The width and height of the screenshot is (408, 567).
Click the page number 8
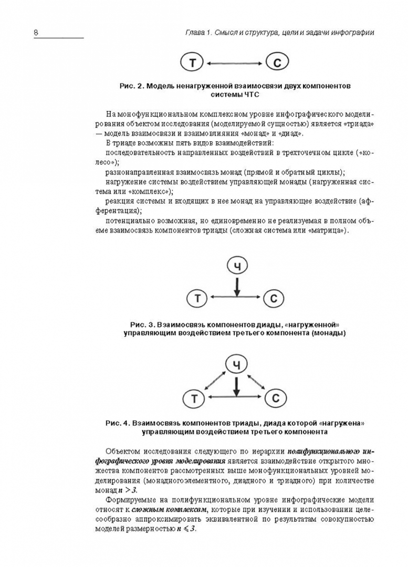coord(36,33)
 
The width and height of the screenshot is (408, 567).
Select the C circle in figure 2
coord(277,64)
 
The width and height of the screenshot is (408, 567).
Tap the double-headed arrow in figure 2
coord(235,64)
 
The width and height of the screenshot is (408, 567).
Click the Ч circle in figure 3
coord(237,267)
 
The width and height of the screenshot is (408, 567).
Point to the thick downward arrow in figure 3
coord(237,286)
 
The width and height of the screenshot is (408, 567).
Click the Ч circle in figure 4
coord(237,364)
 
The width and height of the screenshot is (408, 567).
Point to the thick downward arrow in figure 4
coord(237,385)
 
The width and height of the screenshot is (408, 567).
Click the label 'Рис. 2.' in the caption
coord(131,86)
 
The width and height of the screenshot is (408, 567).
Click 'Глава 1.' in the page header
coord(198,33)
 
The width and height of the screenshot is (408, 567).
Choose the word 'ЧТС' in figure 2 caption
coord(252,94)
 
